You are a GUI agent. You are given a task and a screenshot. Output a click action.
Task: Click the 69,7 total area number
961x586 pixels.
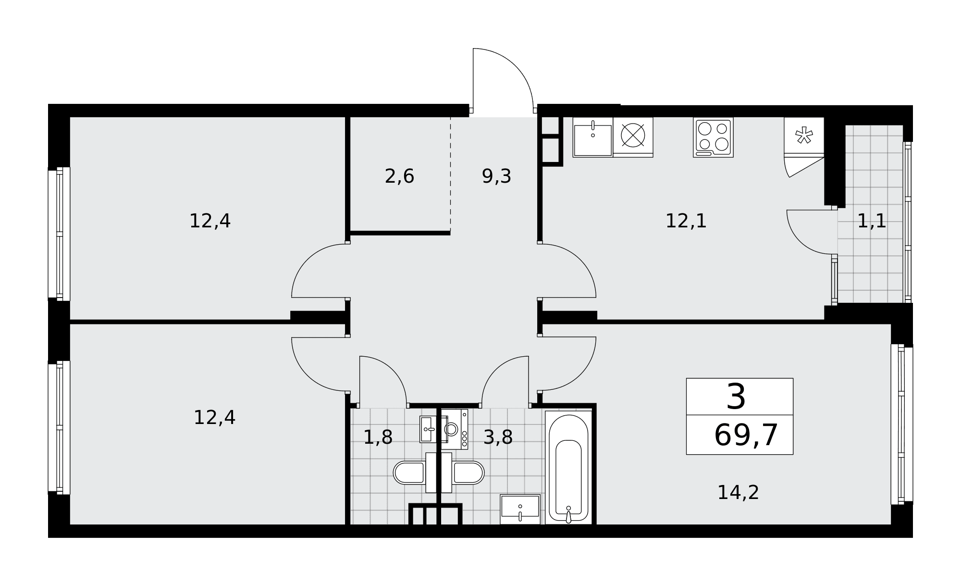coord(746,436)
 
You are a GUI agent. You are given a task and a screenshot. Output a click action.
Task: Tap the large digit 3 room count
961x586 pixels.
coord(736,397)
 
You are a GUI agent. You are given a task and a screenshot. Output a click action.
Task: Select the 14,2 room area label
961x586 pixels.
coord(738,493)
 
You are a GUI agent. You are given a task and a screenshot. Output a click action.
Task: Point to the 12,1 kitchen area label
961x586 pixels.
coord(686,221)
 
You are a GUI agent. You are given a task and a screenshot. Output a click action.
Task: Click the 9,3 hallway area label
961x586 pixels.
coord(496,176)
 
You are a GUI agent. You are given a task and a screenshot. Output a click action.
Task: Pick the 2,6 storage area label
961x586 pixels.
coord(399,176)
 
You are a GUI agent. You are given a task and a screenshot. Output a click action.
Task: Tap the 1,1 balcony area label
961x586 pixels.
coord(872,221)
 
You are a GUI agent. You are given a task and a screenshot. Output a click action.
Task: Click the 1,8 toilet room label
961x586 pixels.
coord(378,437)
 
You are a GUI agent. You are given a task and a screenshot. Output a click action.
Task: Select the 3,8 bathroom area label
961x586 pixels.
coord(498,437)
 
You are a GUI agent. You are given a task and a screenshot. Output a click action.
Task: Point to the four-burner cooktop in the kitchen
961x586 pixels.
coord(713,137)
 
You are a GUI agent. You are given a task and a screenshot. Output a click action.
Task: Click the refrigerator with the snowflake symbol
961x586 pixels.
coord(804,137)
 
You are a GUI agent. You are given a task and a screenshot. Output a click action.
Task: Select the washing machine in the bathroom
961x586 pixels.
coord(455,429)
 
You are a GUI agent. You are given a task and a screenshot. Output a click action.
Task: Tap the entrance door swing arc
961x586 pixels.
coord(516,66)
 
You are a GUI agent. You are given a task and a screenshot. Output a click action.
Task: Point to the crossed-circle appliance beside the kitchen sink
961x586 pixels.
coord(633,135)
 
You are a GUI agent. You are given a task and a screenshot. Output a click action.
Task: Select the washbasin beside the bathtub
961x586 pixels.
coord(520,509)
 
